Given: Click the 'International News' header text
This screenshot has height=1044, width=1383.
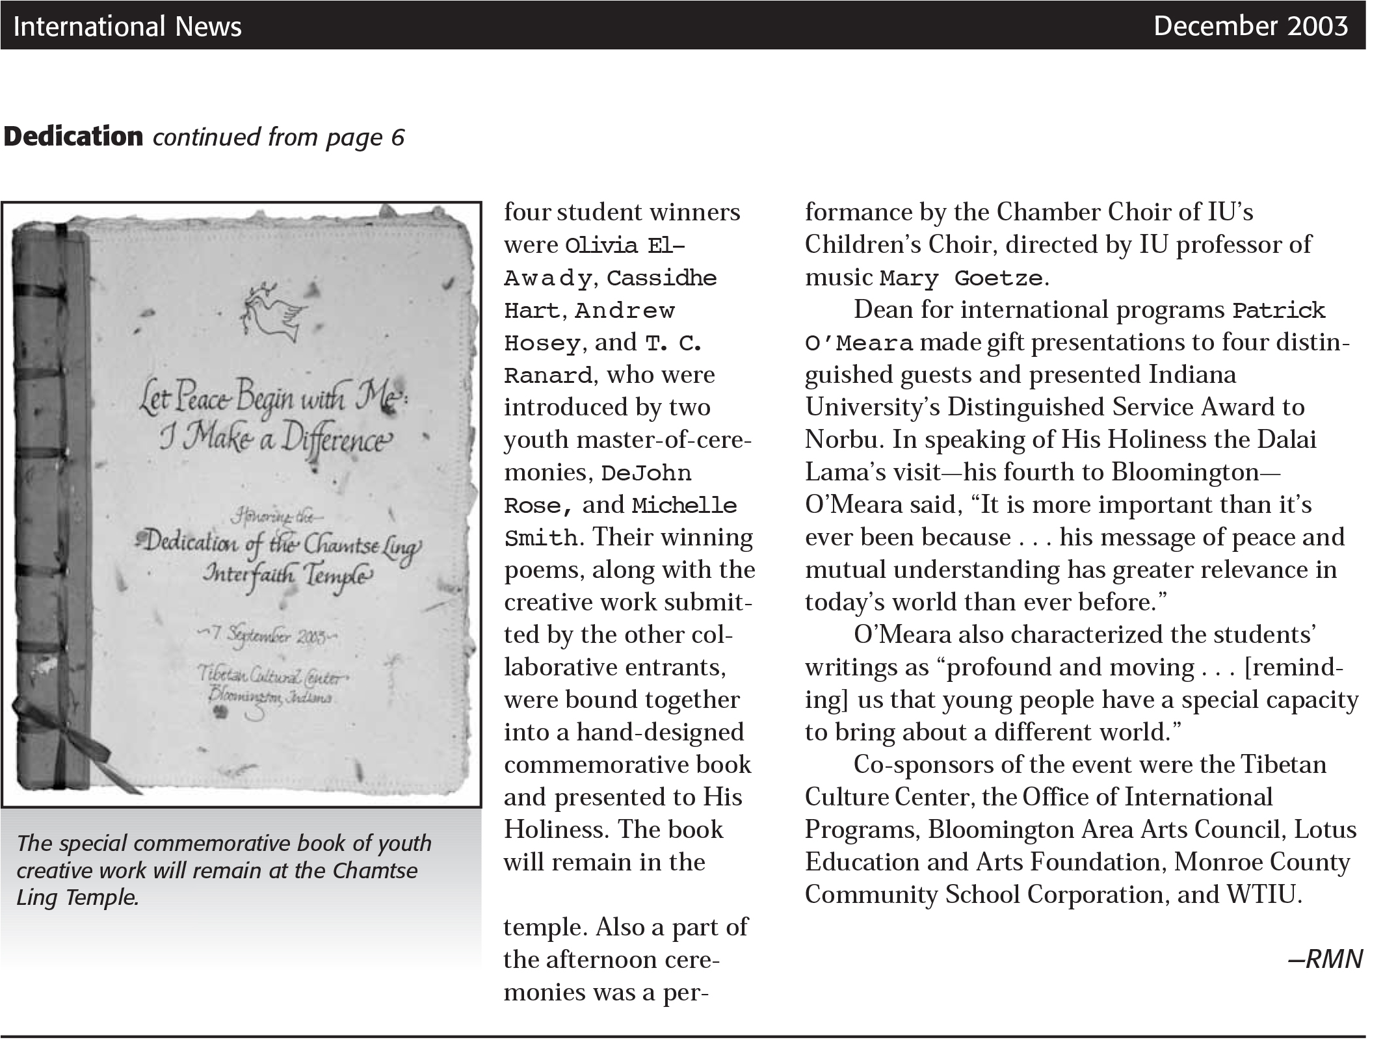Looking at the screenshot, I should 127,27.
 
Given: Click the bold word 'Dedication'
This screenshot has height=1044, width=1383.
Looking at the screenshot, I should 73,137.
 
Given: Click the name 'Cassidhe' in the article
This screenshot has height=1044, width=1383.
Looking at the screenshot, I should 662,278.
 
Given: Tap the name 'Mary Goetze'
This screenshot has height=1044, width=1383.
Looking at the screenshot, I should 961,278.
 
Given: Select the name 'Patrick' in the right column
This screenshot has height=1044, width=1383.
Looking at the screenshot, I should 1279,311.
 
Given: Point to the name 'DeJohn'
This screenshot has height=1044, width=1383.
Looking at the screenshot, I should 646,473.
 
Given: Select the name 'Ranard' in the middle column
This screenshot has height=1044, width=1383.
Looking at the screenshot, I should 547,376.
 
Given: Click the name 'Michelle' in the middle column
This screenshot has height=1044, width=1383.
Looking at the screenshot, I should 685,506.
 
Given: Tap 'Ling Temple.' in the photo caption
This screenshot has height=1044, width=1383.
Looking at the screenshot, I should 77,898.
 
